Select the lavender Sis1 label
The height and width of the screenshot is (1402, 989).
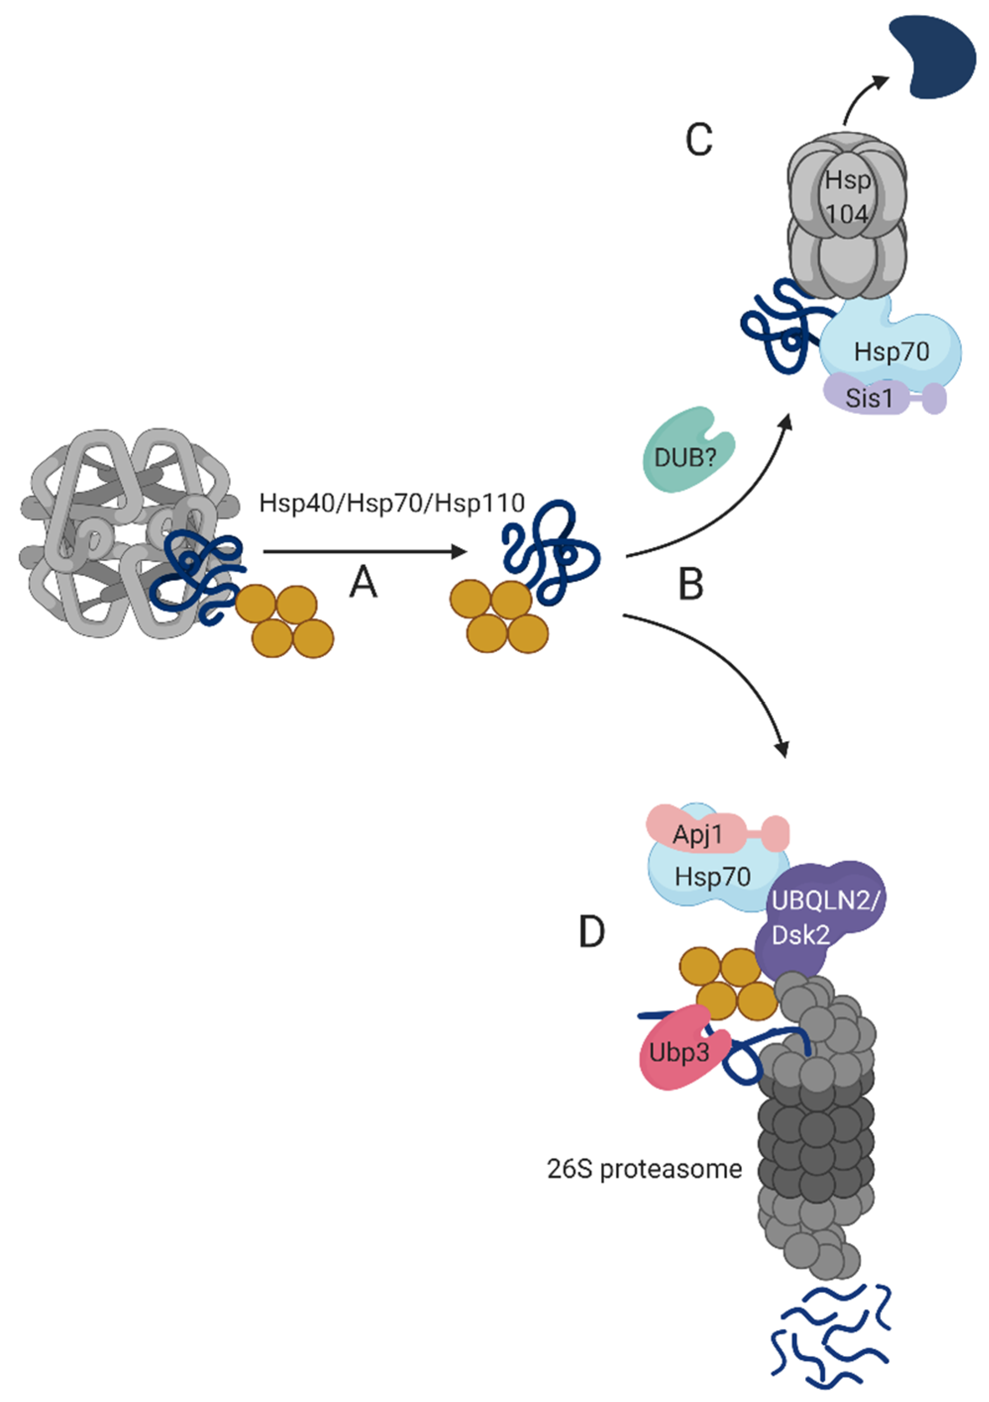(869, 399)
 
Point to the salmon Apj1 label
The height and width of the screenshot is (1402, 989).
(697, 834)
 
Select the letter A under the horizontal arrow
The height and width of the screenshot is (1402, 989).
(363, 583)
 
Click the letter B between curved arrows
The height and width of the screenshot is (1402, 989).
(691, 584)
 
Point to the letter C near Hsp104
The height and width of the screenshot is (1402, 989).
(698, 139)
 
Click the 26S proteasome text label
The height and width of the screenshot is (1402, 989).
(644, 1169)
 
